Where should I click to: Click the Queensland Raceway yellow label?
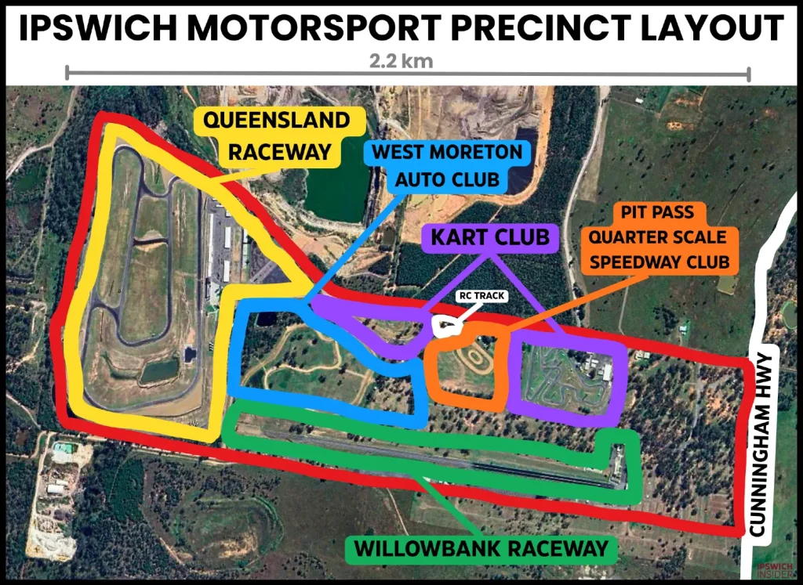click(278, 136)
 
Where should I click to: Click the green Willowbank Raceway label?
click(481, 547)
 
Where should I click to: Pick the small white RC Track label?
click(482, 296)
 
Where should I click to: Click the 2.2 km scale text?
click(401, 61)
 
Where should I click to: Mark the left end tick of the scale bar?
click(68, 74)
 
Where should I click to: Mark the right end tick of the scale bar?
click(750, 74)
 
